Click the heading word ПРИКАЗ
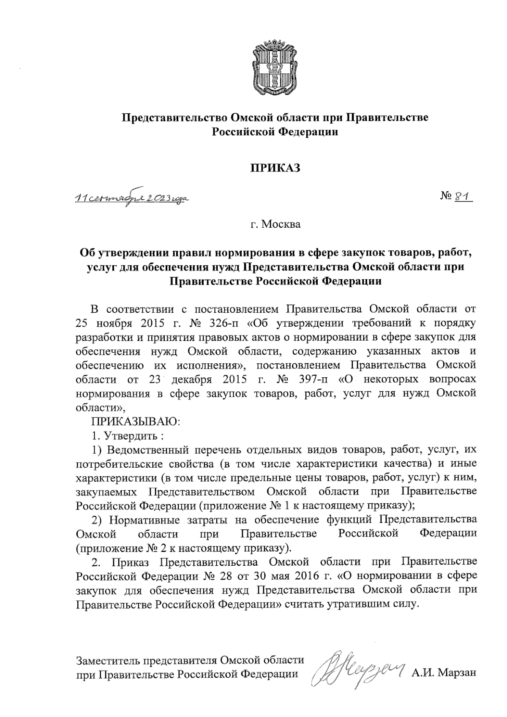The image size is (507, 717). tap(275, 168)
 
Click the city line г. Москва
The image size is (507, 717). tap(275, 224)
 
